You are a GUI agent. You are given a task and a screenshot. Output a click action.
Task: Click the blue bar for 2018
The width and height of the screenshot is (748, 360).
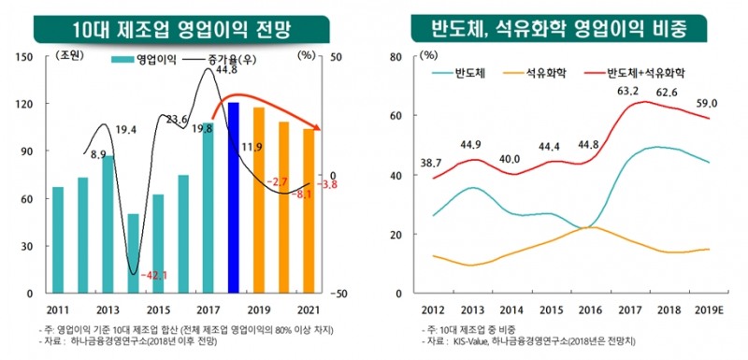(234, 197)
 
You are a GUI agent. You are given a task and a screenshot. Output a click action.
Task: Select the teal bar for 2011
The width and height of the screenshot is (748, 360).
(58, 239)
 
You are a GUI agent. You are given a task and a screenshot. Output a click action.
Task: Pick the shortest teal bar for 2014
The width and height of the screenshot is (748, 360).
(134, 253)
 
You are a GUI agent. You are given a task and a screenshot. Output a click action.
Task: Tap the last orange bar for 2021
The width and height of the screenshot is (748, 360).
(309, 210)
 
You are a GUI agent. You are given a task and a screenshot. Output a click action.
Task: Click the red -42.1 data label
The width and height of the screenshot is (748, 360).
(151, 275)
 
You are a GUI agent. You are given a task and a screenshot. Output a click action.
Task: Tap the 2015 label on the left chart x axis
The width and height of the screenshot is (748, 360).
(158, 310)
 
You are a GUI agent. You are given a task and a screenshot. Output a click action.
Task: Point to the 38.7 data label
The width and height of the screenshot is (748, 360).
(432, 164)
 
